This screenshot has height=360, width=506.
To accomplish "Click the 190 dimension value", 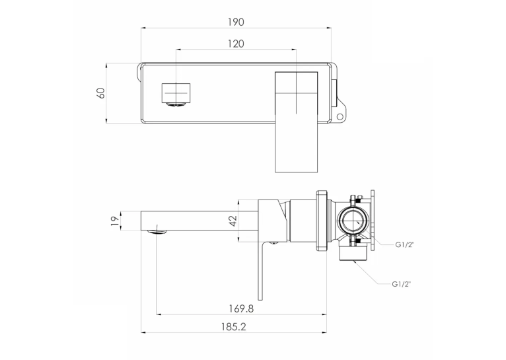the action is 236,22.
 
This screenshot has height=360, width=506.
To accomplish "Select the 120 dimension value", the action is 236,44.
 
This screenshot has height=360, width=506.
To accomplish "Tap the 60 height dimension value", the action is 100,93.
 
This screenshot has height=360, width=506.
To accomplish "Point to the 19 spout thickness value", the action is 115,221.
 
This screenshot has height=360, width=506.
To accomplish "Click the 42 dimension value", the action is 233,221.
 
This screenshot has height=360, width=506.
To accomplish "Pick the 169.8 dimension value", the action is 241,308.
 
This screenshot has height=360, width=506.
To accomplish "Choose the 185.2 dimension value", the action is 234,327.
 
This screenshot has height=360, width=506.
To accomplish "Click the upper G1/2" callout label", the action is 404,245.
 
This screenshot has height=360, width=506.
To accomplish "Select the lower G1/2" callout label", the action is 401,284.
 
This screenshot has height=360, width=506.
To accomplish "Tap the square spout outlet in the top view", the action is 176,93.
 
